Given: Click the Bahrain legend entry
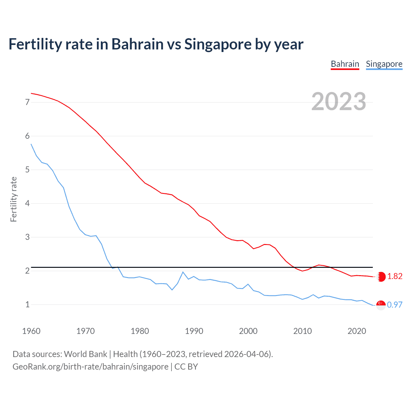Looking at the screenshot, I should tap(345, 64).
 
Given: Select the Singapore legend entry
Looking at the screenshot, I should tap(384, 64).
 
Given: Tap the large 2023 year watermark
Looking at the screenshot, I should tap(339, 101).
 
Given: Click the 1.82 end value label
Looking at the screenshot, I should tap(395, 276).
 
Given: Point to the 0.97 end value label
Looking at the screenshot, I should tap(395, 305).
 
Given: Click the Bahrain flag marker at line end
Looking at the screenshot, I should tap(381, 277).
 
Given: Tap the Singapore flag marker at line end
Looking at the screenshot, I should tap(381, 305).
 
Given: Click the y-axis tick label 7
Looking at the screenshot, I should tap(28, 102).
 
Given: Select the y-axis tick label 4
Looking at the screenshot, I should tap(28, 203).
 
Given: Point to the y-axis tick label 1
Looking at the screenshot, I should tap(28, 304).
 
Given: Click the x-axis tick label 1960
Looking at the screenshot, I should tap(31, 331).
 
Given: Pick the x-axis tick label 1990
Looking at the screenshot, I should tap(194, 331).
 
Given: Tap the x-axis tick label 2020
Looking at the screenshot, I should tap(357, 331).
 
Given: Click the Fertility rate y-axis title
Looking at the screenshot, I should tap(13, 199).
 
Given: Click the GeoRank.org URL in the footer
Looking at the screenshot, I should tap(90, 367).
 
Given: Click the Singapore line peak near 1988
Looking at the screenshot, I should tap(183, 272).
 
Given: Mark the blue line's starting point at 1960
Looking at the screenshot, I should tap(31, 144).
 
